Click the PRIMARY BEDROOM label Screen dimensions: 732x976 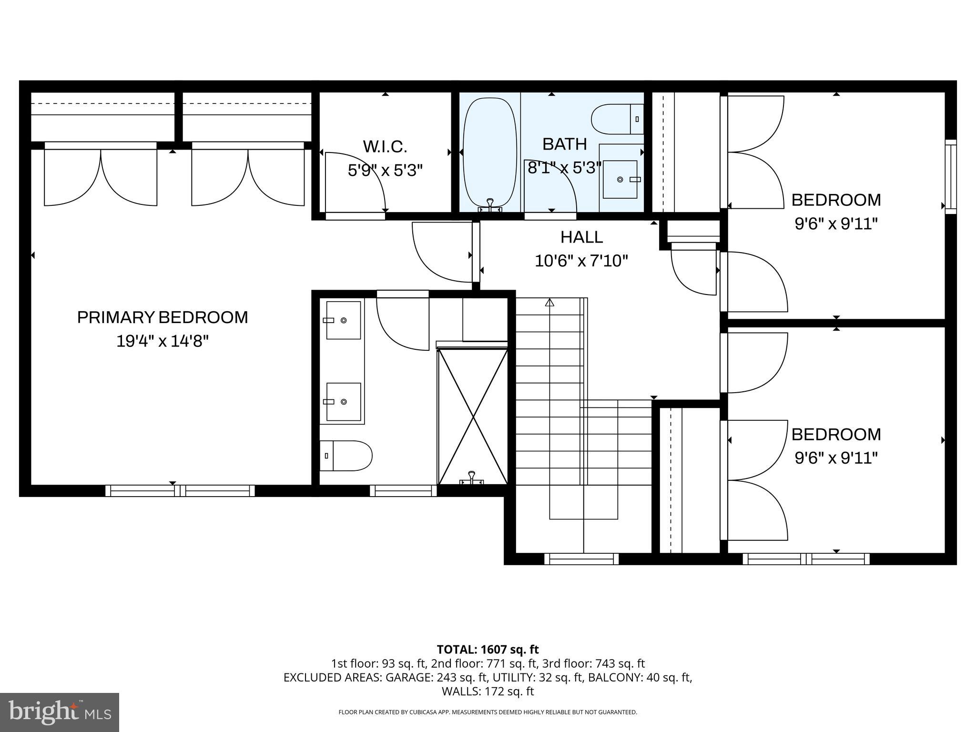pos(163,317)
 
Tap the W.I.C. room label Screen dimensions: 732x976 pos(385,147)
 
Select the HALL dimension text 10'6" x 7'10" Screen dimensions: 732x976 pos(581,261)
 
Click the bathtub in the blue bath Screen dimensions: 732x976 pos(490,155)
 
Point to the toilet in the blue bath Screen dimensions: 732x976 pos(616,119)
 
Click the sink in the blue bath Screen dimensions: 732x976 pos(620,179)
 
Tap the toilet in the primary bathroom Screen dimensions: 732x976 pos(347,456)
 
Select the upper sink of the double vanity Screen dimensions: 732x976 pos(343,320)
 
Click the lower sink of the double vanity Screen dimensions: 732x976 pos(343,402)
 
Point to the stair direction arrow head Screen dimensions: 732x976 pos(549,302)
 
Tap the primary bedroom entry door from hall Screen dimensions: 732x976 pos(441,253)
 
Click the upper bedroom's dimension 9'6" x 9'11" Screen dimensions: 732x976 pos(836,224)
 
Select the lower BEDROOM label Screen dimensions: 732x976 pos(836,434)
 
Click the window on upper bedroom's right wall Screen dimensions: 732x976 pos(951,177)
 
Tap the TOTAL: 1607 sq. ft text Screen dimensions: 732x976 pos(488,649)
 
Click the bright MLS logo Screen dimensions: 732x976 pos(60,712)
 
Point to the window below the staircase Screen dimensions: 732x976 pos(581,559)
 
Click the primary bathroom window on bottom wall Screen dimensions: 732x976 pos(403,491)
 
